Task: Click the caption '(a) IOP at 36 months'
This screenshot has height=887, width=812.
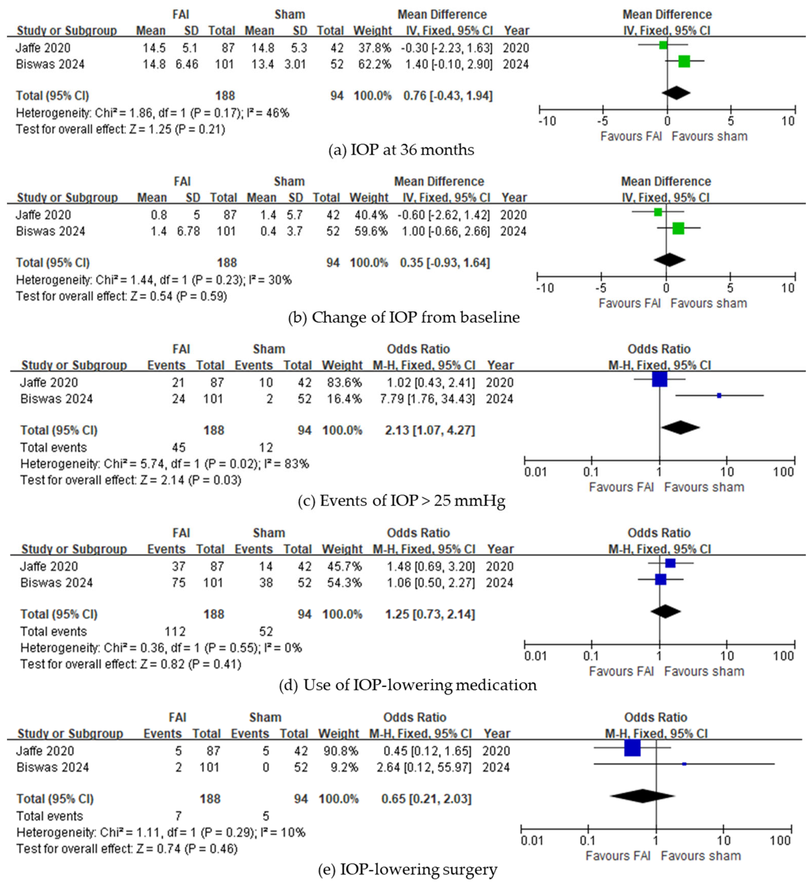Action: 401,150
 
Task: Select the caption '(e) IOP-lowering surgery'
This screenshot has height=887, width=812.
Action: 407,869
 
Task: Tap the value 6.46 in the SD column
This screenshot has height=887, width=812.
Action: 187,64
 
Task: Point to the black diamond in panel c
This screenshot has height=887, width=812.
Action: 680,427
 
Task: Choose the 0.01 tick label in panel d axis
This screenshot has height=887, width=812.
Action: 535,656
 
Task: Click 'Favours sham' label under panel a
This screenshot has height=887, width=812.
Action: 709,136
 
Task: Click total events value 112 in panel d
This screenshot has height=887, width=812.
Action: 175,631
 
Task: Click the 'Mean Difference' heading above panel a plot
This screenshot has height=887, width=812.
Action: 667,15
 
